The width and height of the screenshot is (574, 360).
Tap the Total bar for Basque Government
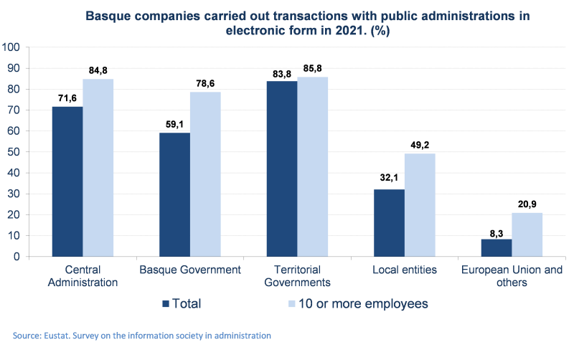point(174,194)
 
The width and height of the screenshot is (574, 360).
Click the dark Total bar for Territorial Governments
point(282,169)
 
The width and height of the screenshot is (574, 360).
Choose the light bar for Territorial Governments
point(313,166)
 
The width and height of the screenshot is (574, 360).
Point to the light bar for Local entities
point(420,204)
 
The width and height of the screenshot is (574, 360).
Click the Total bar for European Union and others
point(497,247)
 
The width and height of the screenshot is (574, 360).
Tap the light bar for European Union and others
point(527,234)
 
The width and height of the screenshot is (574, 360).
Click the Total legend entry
point(182,304)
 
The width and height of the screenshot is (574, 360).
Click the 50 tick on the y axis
point(15,152)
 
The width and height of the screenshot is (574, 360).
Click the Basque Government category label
point(189,270)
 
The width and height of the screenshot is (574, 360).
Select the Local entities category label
point(405,270)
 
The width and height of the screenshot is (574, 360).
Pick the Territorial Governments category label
point(297,276)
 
